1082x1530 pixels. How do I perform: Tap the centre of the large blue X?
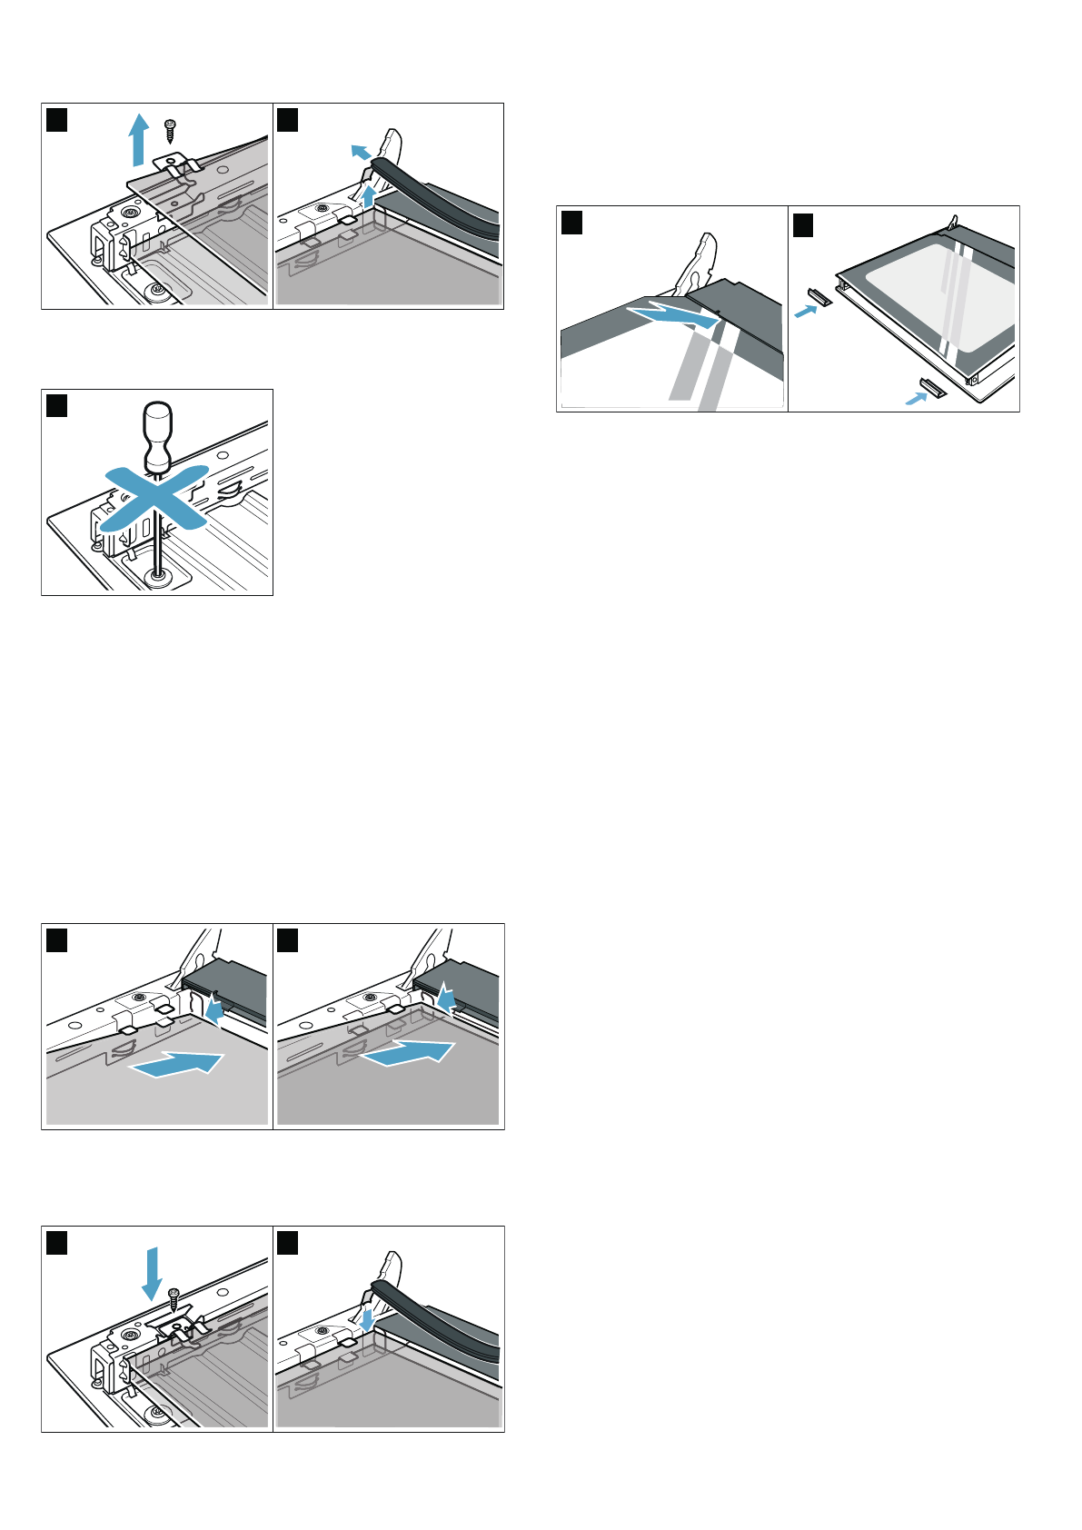coord(154,498)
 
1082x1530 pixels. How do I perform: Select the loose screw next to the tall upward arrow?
coord(169,130)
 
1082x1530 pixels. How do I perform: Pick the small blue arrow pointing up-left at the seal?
coord(361,152)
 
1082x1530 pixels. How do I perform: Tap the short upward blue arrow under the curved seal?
coord(368,196)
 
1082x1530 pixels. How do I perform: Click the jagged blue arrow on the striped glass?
coord(678,315)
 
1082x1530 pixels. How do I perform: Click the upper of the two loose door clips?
coord(820,296)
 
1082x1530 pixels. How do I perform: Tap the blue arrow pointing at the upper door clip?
coord(805,311)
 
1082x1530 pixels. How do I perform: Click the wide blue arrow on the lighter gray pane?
coord(177,1063)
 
